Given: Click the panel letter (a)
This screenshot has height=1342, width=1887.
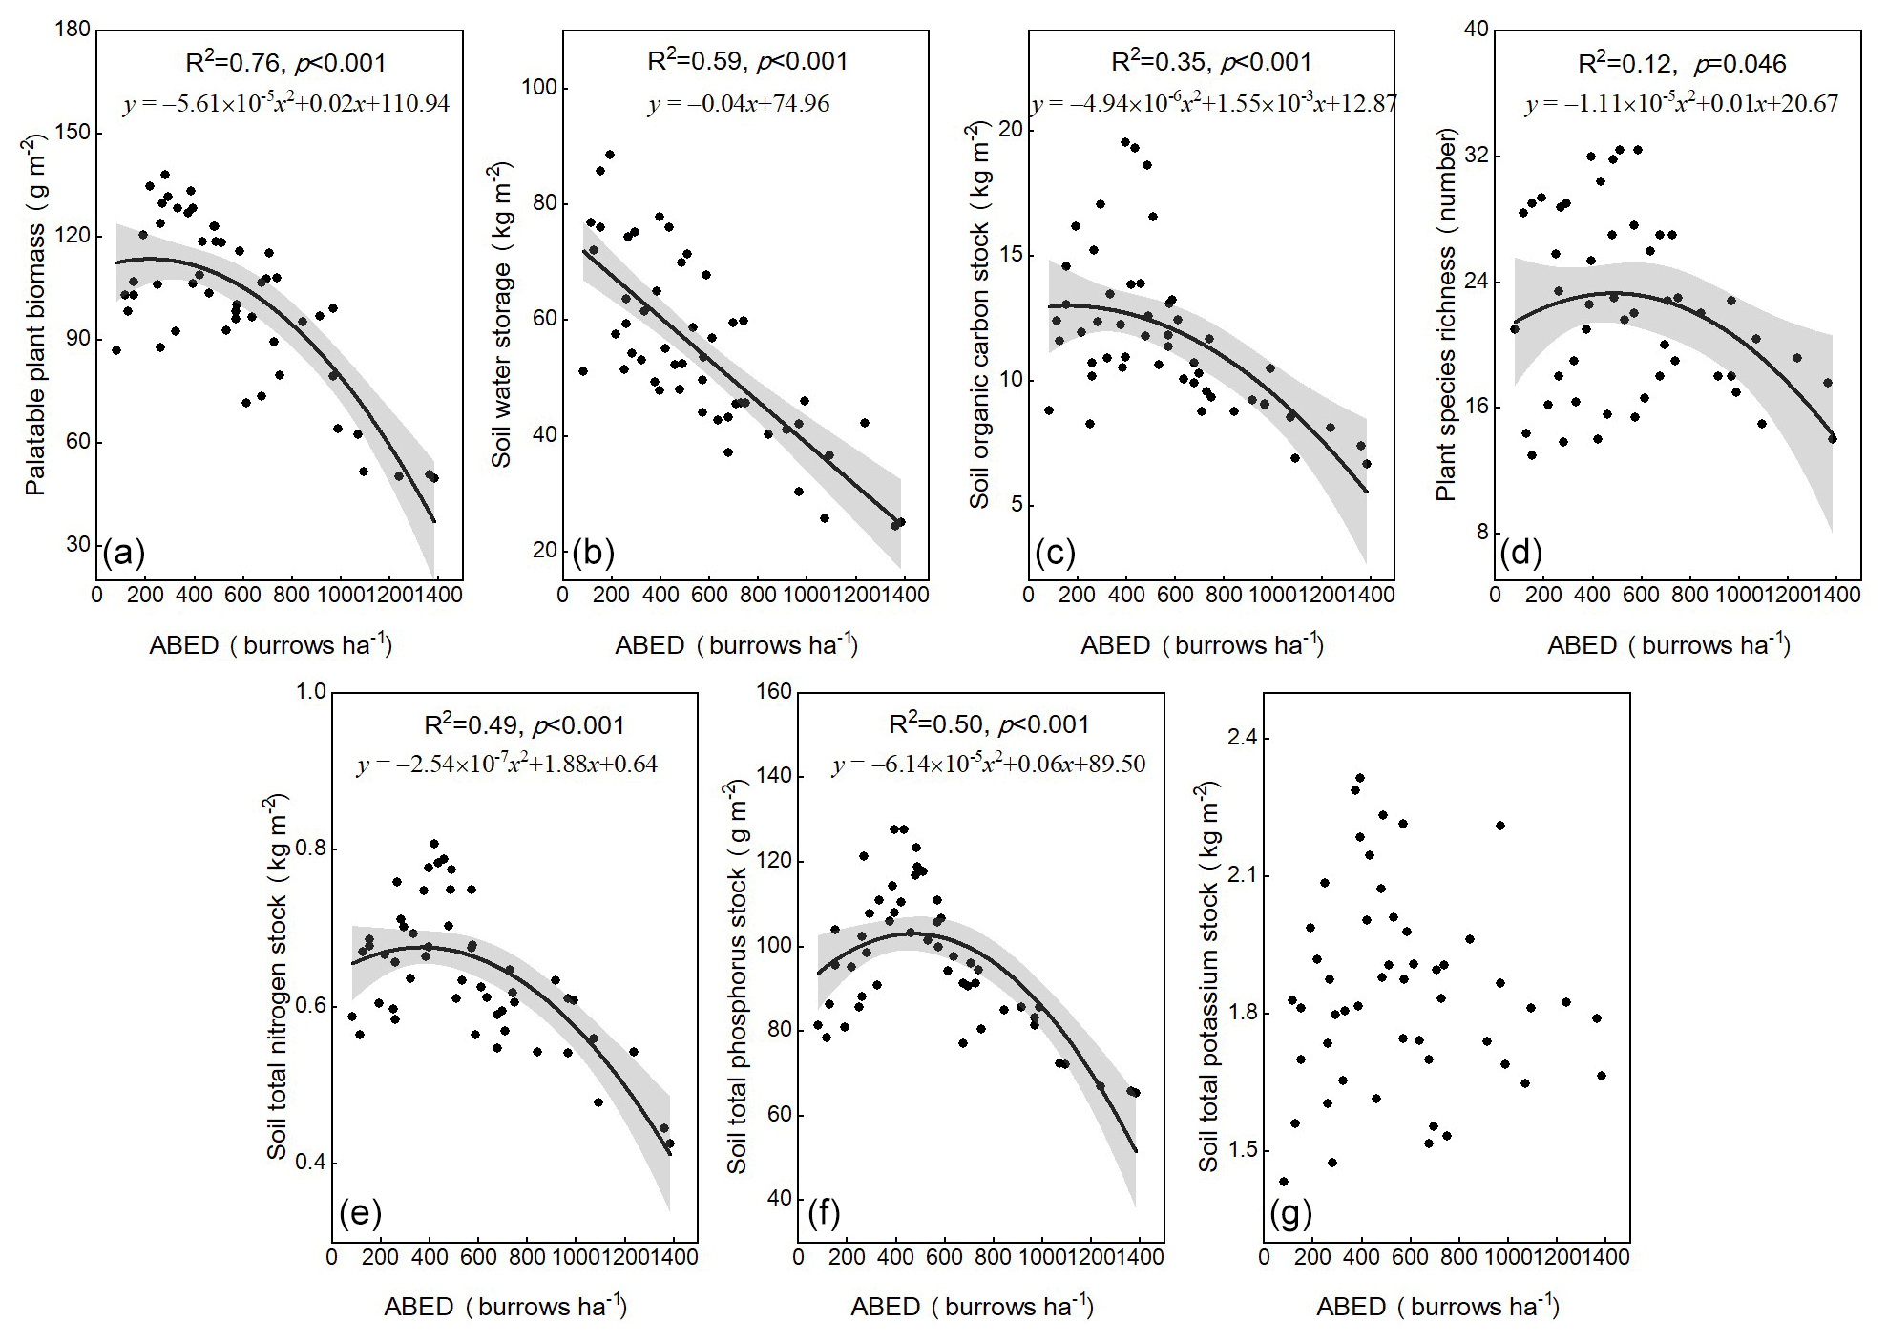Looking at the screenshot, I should click(x=123, y=552).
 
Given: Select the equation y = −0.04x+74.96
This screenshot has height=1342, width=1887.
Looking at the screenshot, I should click(x=738, y=103).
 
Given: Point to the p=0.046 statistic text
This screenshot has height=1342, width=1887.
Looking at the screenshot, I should click(x=1739, y=64).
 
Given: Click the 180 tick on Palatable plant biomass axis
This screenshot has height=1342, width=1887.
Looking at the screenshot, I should click(x=80, y=31).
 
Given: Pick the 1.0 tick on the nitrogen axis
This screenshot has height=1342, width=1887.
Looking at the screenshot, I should click(x=313, y=692).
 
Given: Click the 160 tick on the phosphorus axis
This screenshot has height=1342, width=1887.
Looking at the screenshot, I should click(x=774, y=692).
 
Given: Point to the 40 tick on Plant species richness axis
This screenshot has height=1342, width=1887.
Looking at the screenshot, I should click(x=1477, y=31).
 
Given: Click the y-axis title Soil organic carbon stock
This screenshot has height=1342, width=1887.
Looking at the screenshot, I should click(x=981, y=315).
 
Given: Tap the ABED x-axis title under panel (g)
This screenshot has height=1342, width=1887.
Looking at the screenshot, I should click(x=1437, y=1307).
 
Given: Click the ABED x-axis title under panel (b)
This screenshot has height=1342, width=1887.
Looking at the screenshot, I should click(x=736, y=645).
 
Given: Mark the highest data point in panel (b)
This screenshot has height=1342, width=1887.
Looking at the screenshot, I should click(x=609, y=155).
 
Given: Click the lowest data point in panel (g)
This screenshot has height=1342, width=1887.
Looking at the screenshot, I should click(x=1284, y=1182).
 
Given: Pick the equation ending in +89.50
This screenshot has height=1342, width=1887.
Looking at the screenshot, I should click(x=988, y=765).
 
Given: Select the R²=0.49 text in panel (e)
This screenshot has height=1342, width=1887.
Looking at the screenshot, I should click(x=470, y=725).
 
